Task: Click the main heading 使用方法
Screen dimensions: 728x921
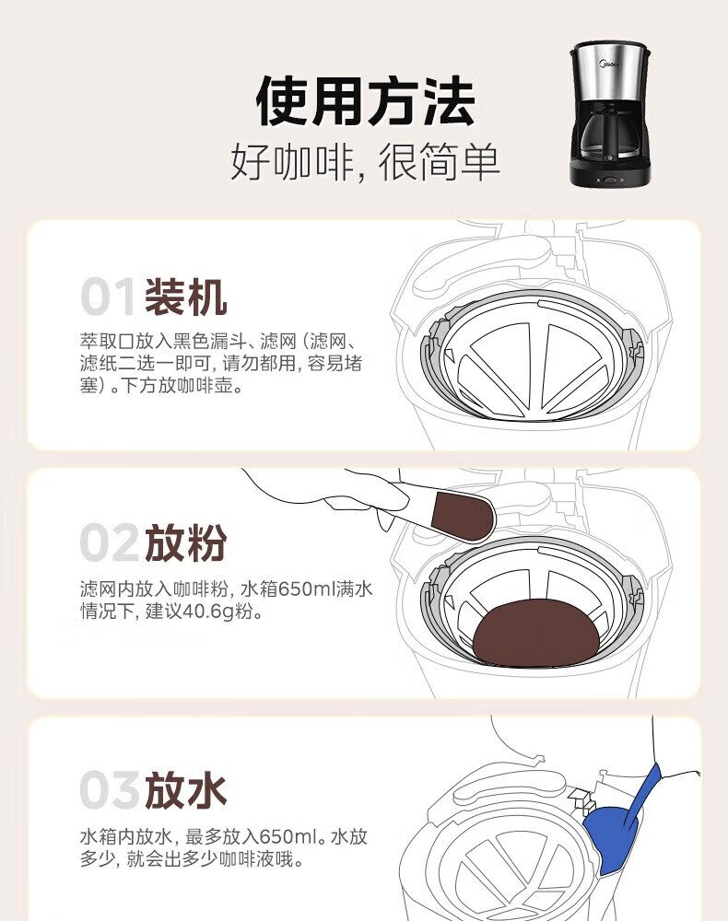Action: click(x=365, y=101)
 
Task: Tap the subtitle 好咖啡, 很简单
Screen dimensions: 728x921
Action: click(x=365, y=161)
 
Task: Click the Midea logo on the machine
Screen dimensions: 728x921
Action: click(x=609, y=63)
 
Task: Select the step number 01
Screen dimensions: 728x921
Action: click(x=108, y=297)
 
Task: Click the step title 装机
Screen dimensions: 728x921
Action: click(x=185, y=297)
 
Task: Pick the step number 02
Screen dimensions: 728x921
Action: click(x=110, y=542)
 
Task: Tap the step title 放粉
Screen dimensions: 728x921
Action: click(x=185, y=542)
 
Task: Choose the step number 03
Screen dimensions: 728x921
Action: click(x=110, y=789)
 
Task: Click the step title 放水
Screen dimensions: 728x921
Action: click(x=185, y=789)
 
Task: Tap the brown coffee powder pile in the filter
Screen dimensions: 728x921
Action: click(x=536, y=634)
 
